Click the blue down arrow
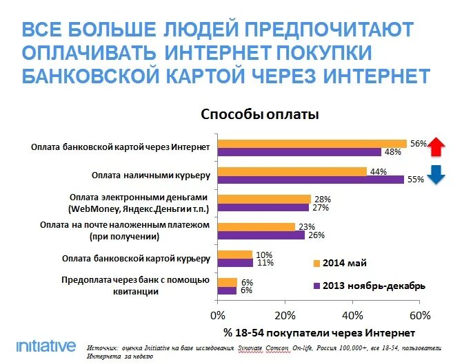coord(436,175)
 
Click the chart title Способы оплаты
coord(259,115)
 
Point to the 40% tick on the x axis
coord(352,315)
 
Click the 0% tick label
coord(218,315)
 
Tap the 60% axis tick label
coord(419,315)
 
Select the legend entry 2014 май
coord(343,262)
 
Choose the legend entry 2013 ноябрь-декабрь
coord(369,285)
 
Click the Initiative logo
coord(45,345)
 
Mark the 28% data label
coord(321,198)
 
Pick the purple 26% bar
coord(261,235)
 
